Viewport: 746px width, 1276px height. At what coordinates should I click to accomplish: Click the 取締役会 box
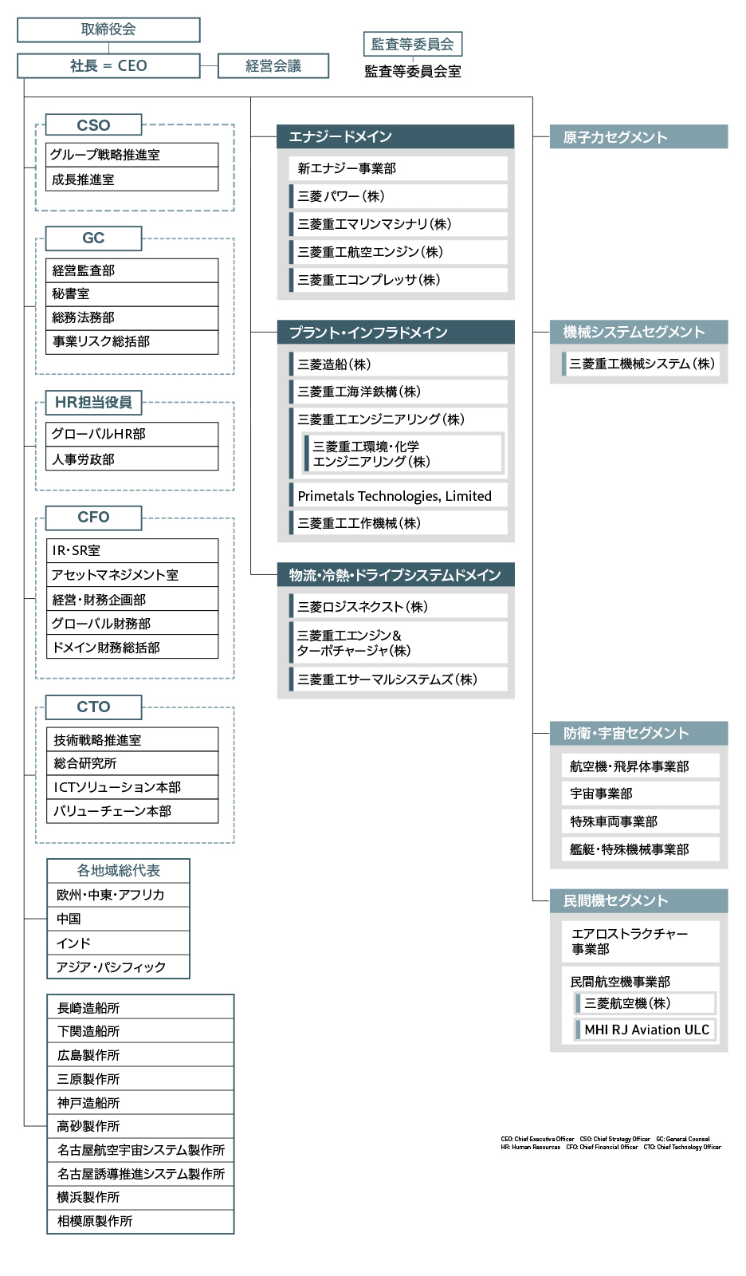[x=108, y=30]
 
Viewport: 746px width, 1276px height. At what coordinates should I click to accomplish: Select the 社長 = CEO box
[x=108, y=66]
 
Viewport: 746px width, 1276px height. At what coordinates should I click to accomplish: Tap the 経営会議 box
[x=273, y=66]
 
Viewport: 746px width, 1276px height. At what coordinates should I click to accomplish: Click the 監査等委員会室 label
[x=412, y=72]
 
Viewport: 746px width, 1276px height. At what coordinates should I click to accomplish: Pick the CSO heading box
[x=93, y=125]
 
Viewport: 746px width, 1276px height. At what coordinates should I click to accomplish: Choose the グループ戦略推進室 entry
[x=132, y=155]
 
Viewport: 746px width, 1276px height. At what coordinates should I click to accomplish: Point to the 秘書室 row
[x=132, y=294]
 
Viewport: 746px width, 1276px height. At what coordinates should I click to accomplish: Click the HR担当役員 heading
[x=93, y=403]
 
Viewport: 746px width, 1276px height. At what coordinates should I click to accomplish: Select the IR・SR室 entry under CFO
[x=132, y=551]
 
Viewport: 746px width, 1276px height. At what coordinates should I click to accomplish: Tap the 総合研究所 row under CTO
[x=132, y=764]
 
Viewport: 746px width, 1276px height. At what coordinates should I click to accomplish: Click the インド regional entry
[x=118, y=943]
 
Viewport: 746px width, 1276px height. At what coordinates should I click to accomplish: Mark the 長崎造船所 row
[x=140, y=1008]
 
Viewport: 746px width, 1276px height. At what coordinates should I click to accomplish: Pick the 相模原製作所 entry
[x=140, y=1222]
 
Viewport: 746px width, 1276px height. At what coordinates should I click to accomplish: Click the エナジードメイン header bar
[x=395, y=137]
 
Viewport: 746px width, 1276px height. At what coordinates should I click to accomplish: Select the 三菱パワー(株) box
[x=399, y=196]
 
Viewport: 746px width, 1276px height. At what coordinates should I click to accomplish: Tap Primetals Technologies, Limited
[x=399, y=496]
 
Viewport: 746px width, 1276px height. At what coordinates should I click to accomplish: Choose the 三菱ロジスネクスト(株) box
[x=399, y=607]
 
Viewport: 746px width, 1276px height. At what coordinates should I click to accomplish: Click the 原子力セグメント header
[x=638, y=137]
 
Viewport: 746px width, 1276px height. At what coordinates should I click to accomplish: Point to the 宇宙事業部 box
[x=640, y=794]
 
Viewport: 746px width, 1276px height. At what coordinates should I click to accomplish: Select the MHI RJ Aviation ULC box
[x=646, y=1030]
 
